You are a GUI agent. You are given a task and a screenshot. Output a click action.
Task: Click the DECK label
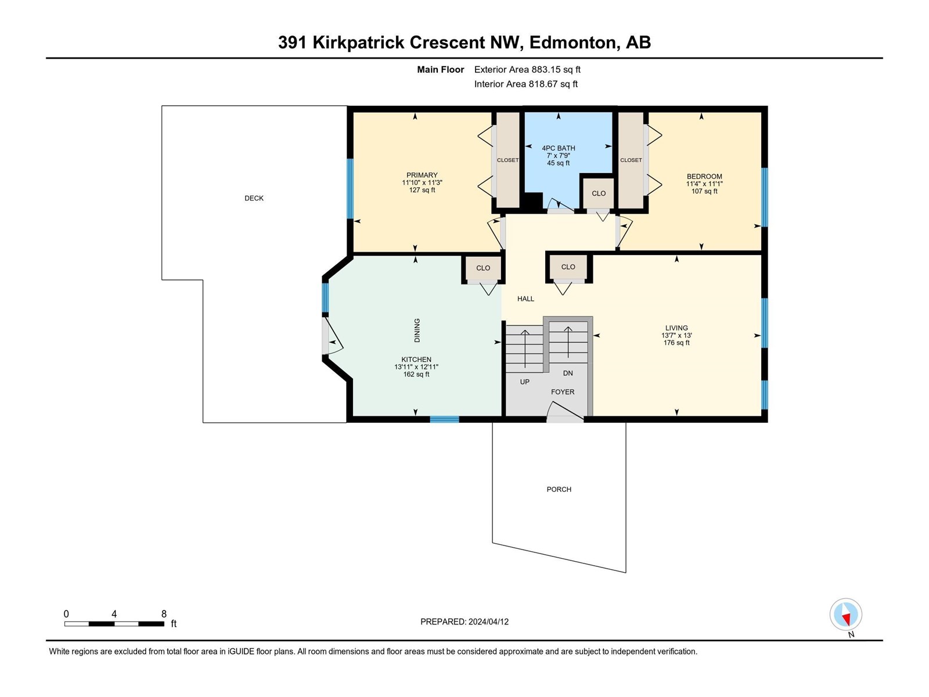pos(254,198)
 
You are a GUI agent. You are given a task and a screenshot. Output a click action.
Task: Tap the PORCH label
pos(559,489)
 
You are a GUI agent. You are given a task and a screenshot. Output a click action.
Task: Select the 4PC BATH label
pos(558,148)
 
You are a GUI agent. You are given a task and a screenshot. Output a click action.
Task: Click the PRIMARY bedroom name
pos(422,175)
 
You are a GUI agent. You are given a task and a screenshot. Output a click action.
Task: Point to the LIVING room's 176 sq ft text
pos(676,343)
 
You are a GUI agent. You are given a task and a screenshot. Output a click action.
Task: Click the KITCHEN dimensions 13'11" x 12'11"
pos(416,367)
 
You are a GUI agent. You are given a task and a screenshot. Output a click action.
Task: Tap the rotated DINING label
pos(417,330)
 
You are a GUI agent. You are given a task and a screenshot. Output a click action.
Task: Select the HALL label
pos(525,299)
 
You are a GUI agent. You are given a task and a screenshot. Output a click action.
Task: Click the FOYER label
pos(563,392)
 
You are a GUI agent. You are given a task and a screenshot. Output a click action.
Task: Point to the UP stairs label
pos(524,382)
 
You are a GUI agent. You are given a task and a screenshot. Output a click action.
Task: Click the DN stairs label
pos(568,373)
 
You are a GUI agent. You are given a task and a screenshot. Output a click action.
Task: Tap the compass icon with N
pos(845,615)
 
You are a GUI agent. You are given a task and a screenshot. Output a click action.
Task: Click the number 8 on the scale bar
pos(164,613)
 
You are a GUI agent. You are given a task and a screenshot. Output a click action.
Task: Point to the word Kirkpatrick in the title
pos(358,43)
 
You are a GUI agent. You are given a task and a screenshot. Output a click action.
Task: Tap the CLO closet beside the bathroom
pos(598,193)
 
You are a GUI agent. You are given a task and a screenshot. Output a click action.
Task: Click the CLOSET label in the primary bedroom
pos(507,160)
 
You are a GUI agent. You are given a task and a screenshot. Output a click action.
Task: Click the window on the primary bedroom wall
pos(350,189)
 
